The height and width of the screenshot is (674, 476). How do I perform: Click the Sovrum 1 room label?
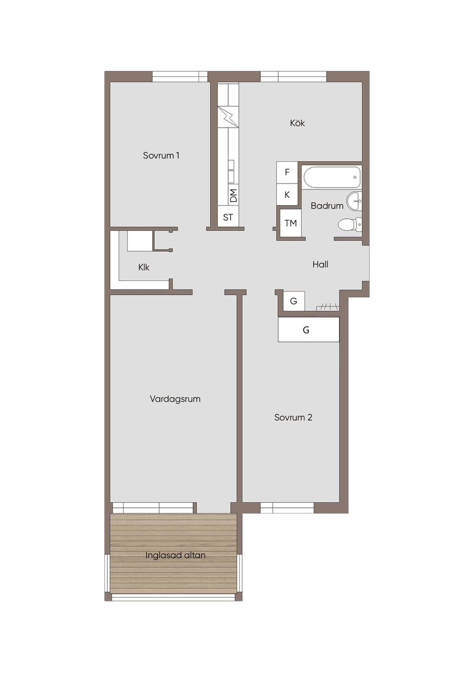pos(161,155)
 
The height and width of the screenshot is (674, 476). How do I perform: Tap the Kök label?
pos(297,123)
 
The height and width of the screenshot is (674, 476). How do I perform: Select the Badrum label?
pos(327,206)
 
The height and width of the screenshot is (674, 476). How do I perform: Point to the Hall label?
pos(320,264)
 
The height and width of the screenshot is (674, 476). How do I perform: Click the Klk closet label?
pos(144,267)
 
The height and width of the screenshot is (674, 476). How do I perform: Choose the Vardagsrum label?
pos(175,399)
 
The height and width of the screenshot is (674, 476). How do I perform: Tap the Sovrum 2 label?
pos(293,418)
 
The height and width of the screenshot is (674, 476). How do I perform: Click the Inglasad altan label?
pos(176,555)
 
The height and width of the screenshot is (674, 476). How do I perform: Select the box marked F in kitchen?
pos(287,172)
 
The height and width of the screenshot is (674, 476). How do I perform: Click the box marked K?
pos(287,195)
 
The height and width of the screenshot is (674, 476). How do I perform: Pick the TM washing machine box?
pos(291,223)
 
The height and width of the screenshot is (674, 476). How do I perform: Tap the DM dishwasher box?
pos(233,195)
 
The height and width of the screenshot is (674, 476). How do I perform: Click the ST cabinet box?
pos(228,217)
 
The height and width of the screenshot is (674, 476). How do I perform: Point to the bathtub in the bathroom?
pos(332,177)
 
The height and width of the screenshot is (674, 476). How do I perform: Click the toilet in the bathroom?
pos(350,224)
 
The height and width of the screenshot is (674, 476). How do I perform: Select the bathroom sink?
pos(354,201)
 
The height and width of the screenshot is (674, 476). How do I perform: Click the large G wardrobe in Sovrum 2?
pos(309,330)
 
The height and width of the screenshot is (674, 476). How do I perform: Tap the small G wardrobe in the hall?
pos(294,301)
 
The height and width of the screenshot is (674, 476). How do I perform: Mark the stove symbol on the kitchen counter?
pos(228,116)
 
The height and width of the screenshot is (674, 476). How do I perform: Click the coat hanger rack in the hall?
pos(328,307)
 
